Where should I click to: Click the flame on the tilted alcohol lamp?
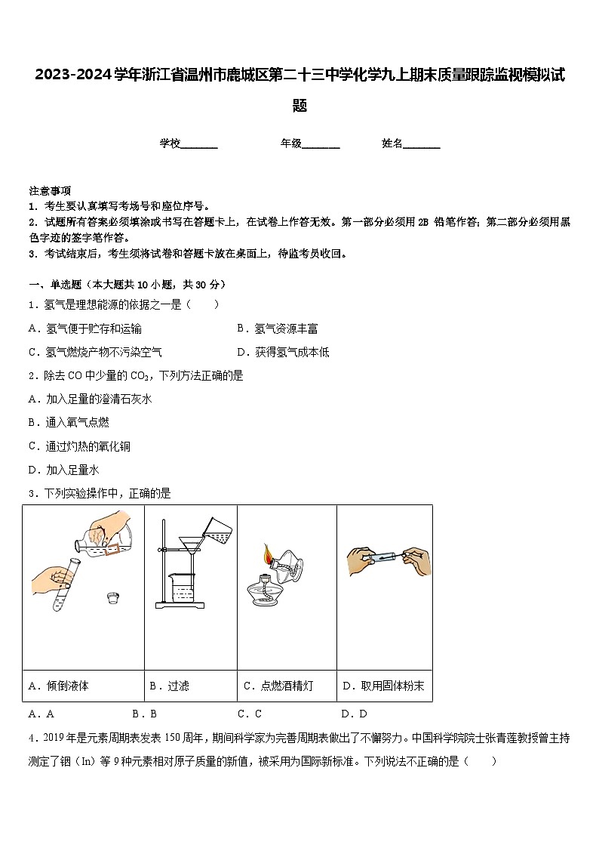coord(266,555)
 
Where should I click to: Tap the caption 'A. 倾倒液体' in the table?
coord(59,686)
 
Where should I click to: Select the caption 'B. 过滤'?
coord(170,686)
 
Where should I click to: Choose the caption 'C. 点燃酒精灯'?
coord(278,686)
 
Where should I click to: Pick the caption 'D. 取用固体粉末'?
coord(383,686)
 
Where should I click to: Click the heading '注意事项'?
coord(50,190)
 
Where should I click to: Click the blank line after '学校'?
coord(199,144)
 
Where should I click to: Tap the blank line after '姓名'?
coord(422,144)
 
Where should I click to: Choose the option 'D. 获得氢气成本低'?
coord(283,352)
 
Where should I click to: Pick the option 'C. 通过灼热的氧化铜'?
coord(79,446)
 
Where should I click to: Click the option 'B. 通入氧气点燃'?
coord(69,423)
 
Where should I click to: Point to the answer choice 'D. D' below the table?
coord(354,714)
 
